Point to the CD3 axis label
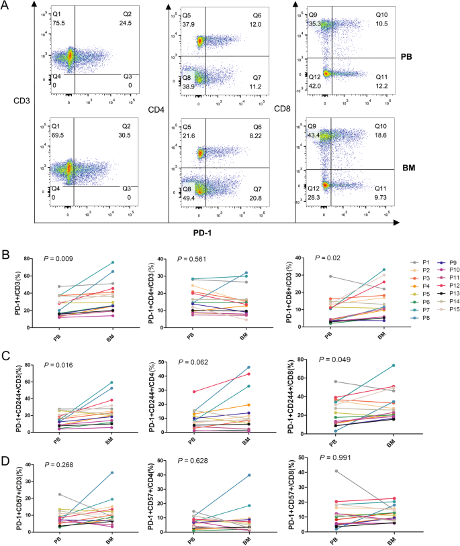point(19,103)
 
